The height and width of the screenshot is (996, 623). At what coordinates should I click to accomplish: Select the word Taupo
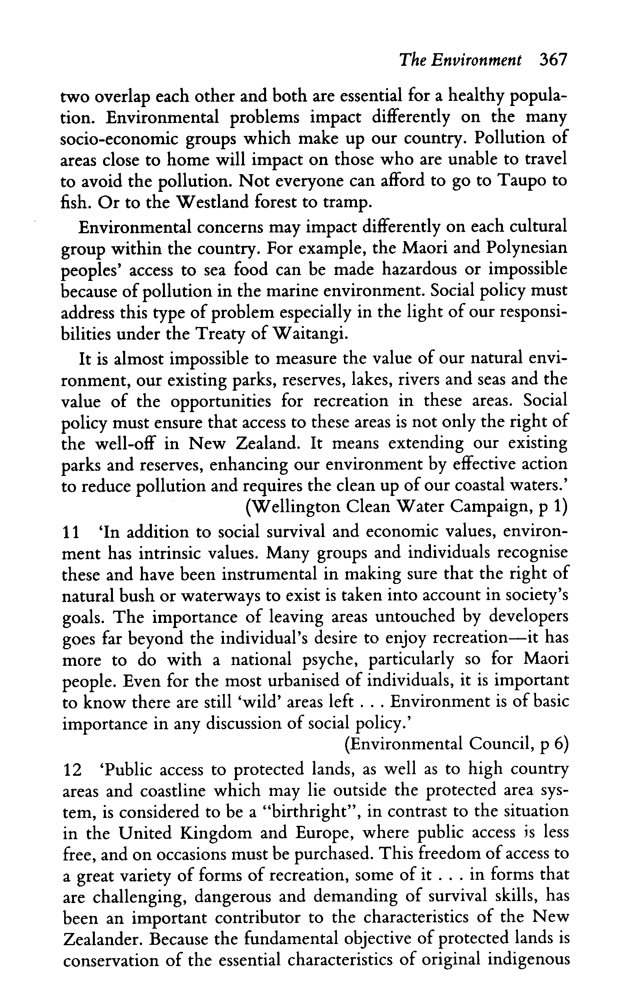(524, 180)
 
